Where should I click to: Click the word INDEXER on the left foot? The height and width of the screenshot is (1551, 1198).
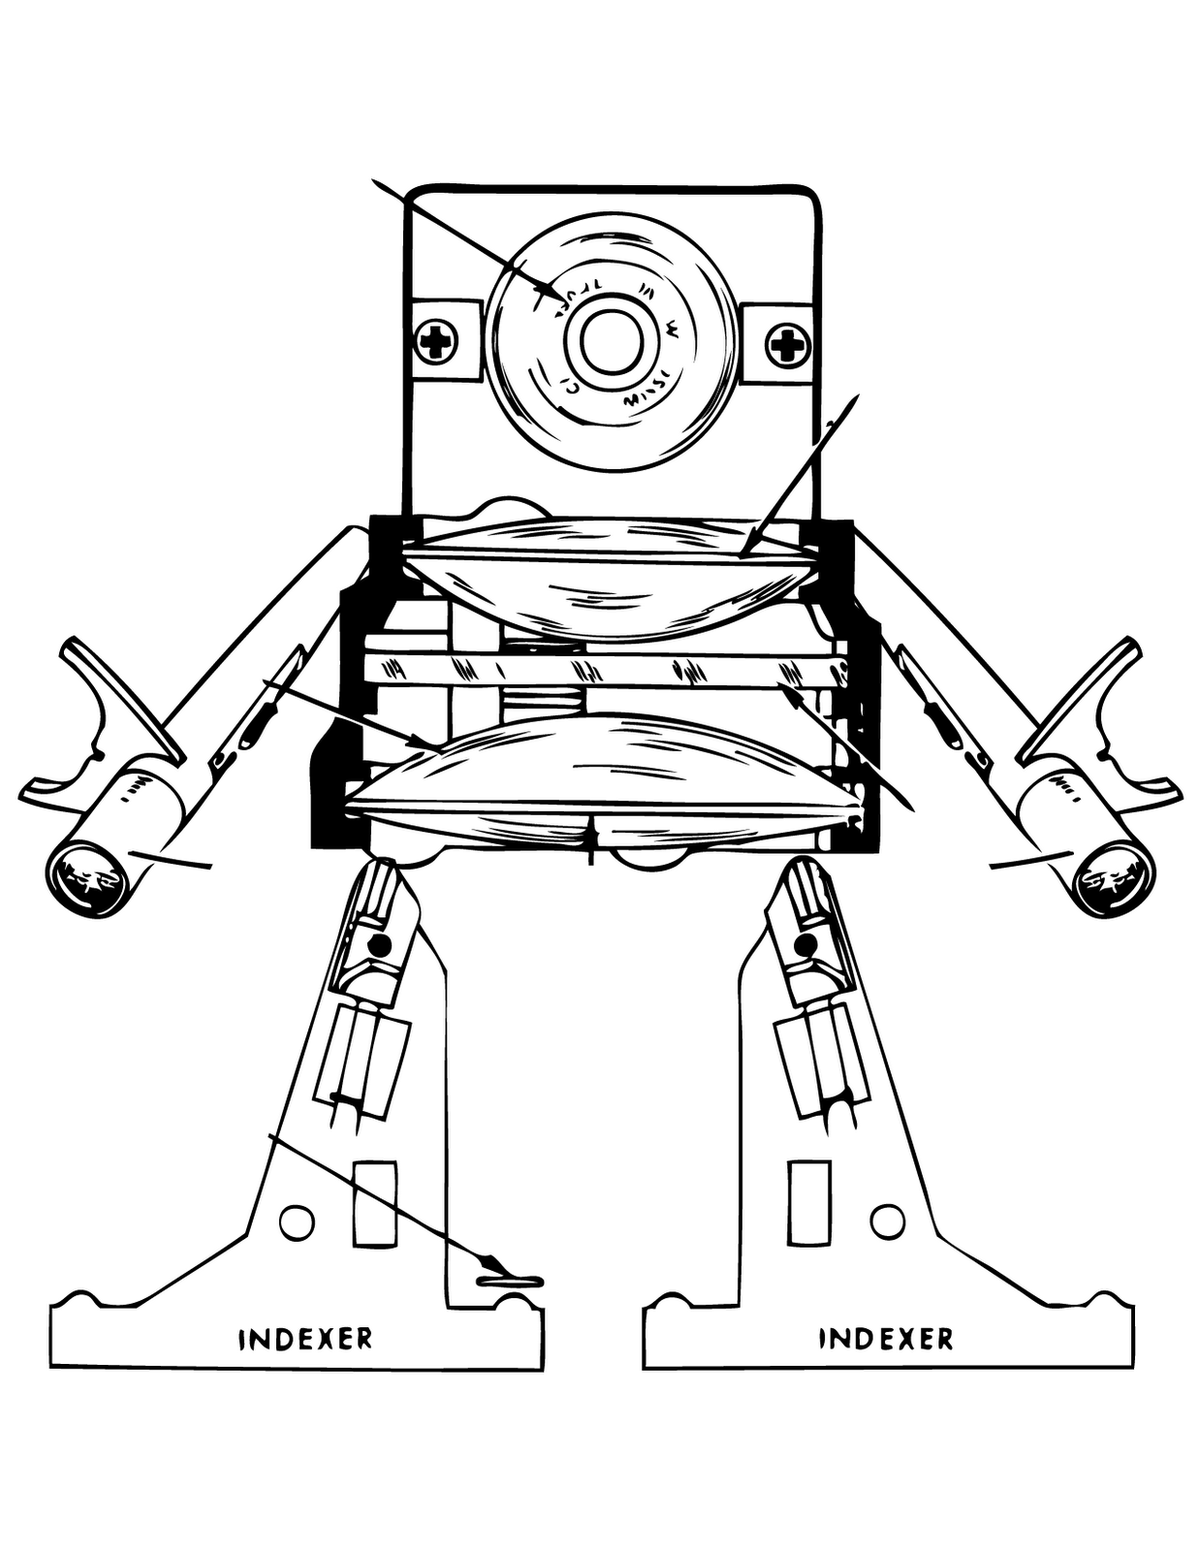click(x=305, y=1339)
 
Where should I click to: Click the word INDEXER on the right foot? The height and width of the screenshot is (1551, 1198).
click(x=886, y=1339)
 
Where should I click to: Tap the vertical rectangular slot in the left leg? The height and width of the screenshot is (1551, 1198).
click(x=374, y=1202)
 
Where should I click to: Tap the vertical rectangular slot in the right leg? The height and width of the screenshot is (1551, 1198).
click(x=809, y=1202)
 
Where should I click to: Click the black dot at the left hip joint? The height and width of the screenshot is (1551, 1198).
click(x=380, y=944)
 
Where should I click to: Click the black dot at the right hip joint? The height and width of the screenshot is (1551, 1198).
click(x=804, y=944)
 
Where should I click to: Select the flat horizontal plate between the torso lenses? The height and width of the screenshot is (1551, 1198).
click(x=601, y=669)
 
